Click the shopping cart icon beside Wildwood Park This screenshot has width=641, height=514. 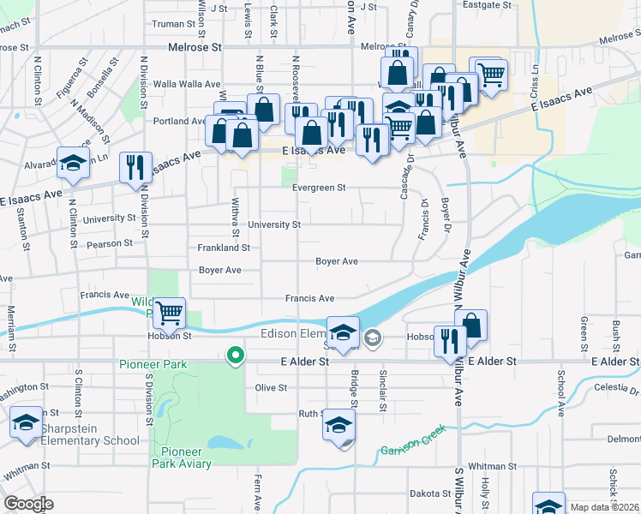pos(170,314)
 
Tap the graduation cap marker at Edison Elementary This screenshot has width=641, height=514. pos(343,332)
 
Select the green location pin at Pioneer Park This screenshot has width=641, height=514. pos(234,355)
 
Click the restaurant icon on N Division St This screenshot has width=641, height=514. pos(135,166)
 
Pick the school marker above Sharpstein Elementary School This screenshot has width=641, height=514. pos(27,422)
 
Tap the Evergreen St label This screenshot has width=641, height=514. pos(318,188)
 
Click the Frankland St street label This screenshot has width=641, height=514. pos(224,248)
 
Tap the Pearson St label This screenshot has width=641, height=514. pos(110,243)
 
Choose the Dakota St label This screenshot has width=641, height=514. pos(429,493)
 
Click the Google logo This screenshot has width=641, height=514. pos(28,504)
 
